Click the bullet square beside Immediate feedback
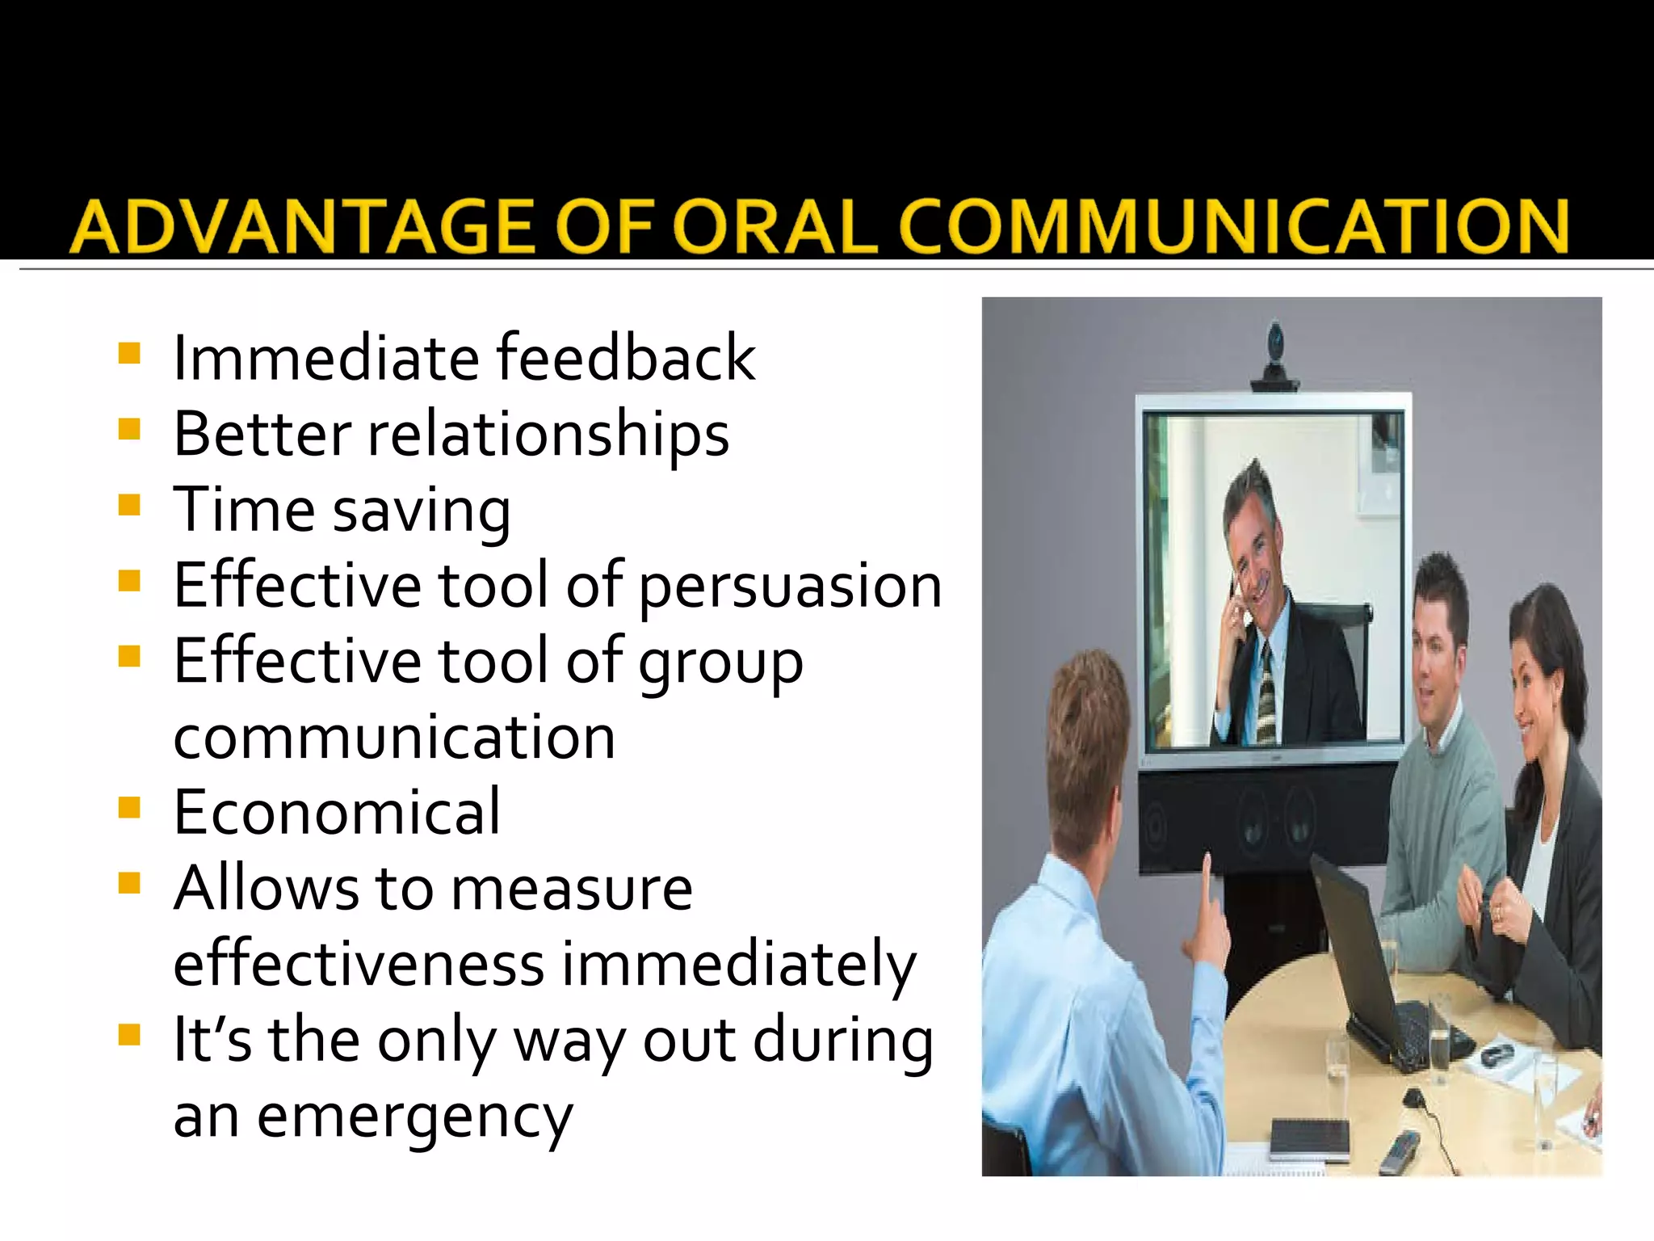coord(129,354)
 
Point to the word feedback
coord(626,357)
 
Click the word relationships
coord(548,434)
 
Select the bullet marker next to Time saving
coord(129,506)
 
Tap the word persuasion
coord(791,586)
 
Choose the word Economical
coord(337,812)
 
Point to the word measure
coord(572,888)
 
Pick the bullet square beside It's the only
coord(129,1035)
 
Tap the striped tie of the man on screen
coord(1266,691)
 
